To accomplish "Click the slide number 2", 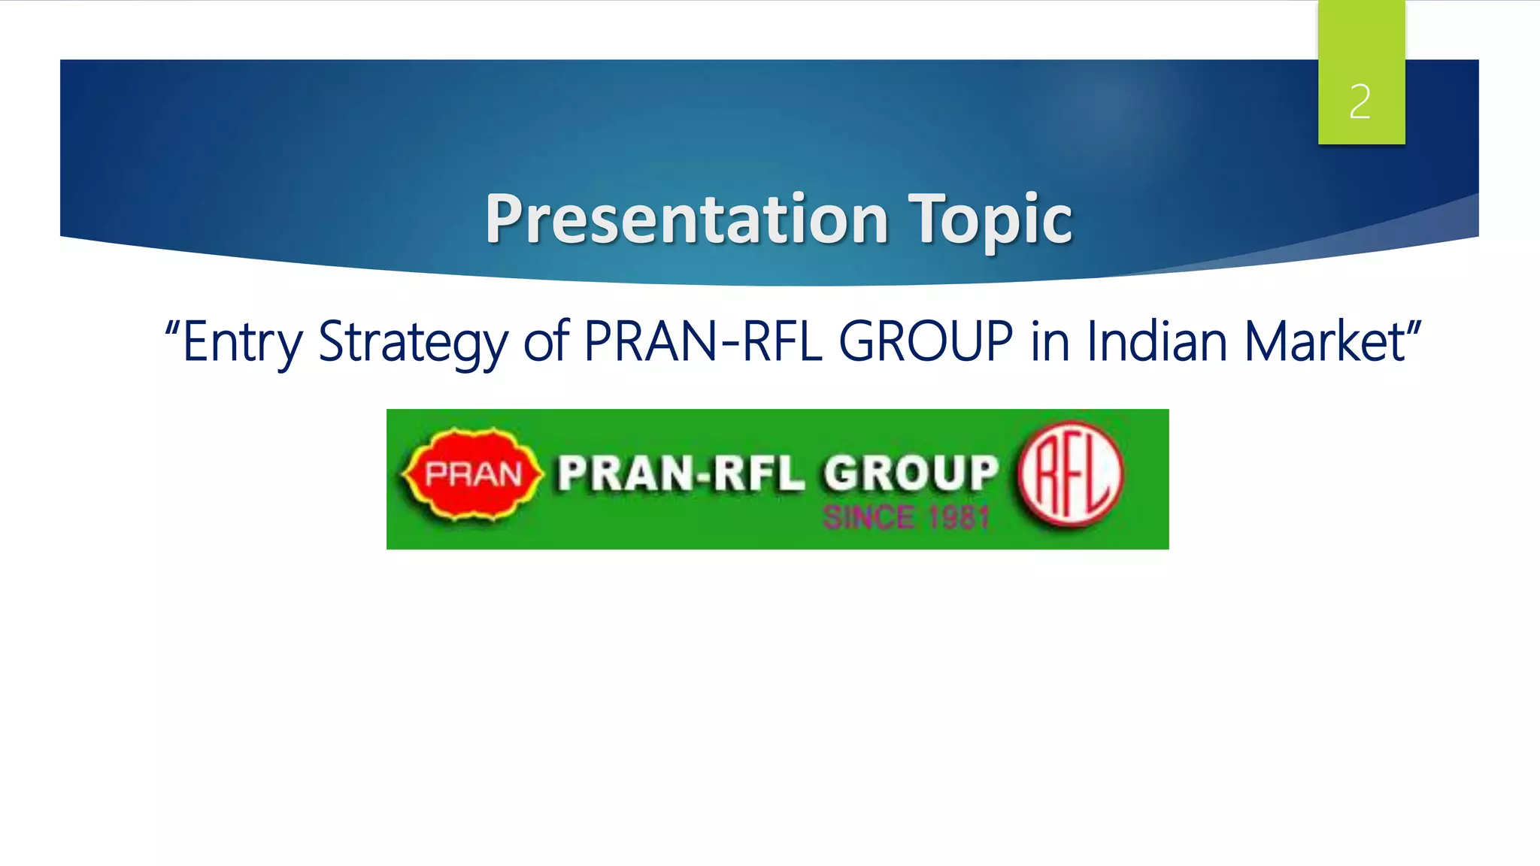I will click(x=1360, y=102).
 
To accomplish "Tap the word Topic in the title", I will click(x=990, y=219).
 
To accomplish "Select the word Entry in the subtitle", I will click(x=242, y=342).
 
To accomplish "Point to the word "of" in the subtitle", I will click(x=547, y=342).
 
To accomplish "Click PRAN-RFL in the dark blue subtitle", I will click(x=703, y=342).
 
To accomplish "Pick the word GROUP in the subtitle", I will click(x=926, y=342).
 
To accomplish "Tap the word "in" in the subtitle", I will click(x=1050, y=342).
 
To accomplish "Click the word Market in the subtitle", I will click(x=1323, y=342).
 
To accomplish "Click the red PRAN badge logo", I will click(x=472, y=474).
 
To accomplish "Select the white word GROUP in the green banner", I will click(x=911, y=474).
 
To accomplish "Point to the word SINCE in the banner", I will click(x=869, y=518).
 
